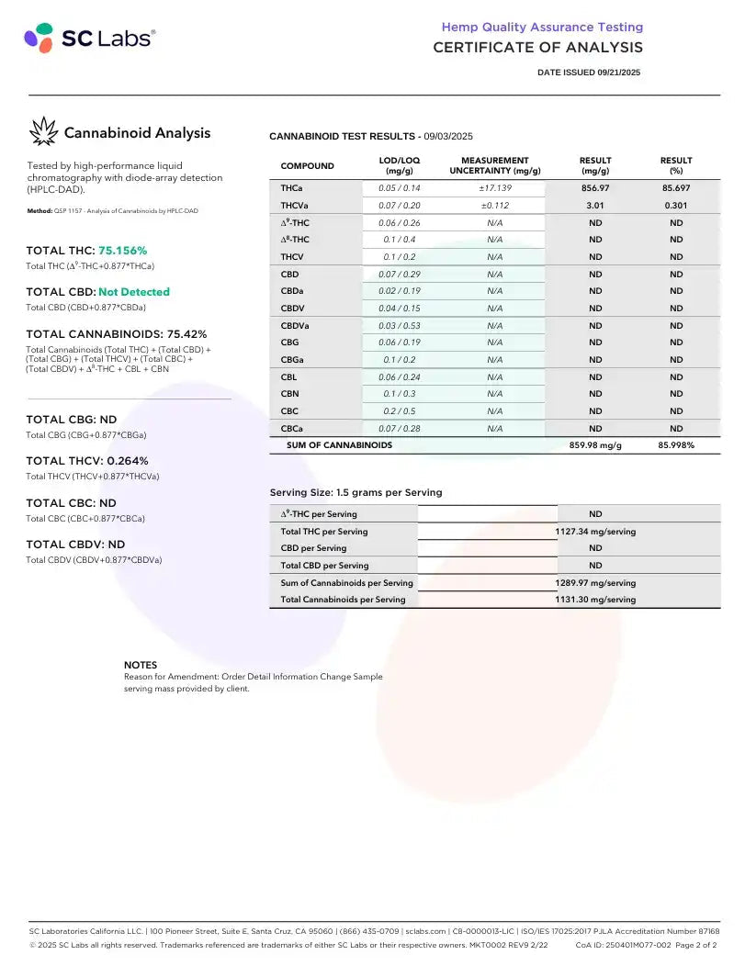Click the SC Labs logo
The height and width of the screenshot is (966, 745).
click(89, 38)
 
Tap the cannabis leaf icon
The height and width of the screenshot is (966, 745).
click(42, 132)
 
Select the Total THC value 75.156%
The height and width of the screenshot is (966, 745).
click(122, 251)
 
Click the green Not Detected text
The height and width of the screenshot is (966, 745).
click(134, 292)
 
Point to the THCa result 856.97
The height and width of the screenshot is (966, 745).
click(595, 188)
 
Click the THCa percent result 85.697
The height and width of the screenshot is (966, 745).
click(676, 188)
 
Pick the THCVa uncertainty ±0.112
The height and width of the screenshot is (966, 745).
click(494, 206)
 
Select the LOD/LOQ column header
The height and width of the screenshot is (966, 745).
click(400, 165)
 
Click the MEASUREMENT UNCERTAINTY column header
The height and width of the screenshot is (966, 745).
click(494, 165)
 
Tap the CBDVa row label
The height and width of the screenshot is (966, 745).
click(295, 325)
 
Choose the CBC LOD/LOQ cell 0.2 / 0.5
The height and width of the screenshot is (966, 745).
click(400, 411)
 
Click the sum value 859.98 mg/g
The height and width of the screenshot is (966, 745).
click(595, 445)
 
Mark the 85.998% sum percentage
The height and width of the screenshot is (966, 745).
click(676, 445)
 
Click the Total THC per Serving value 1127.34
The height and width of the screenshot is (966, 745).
click(595, 532)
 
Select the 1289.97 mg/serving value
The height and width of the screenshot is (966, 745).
click(595, 583)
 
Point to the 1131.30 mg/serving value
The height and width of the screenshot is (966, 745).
click(595, 600)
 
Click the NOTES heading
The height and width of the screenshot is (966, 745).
click(141, 665)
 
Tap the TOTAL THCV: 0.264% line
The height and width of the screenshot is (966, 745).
click(87, 461)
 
